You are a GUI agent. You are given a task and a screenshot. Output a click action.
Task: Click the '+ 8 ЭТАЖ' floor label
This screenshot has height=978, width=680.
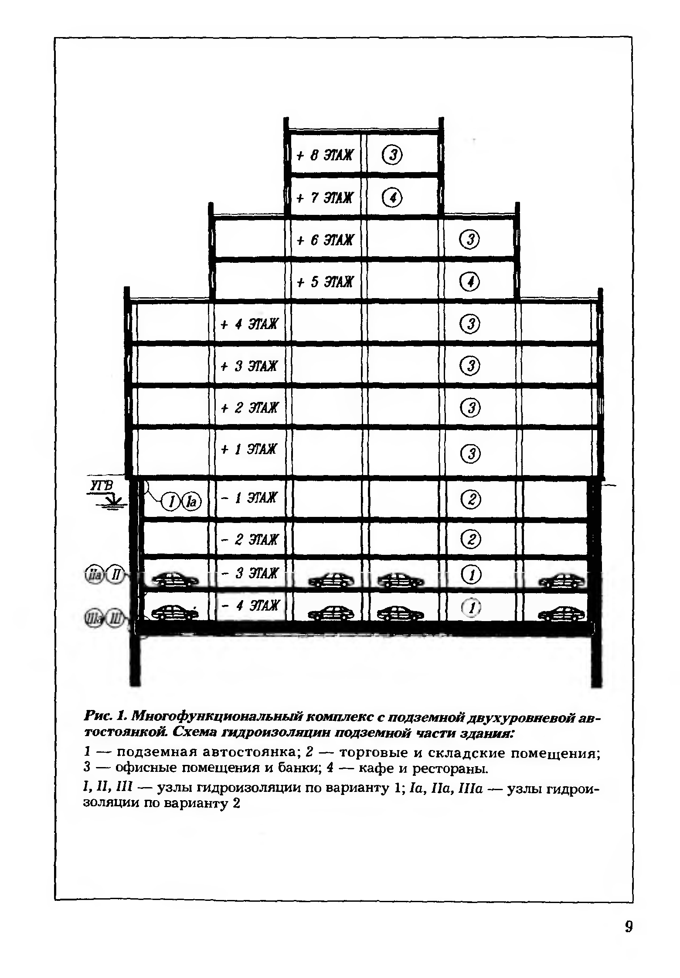(325, 156)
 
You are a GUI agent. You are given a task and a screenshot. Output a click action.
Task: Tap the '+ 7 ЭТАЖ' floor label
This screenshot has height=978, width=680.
(325, 198)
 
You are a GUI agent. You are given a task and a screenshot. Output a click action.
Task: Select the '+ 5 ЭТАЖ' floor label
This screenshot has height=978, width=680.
(325, 282)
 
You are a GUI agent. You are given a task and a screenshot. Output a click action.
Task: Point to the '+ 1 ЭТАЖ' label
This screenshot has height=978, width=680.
(249, 449)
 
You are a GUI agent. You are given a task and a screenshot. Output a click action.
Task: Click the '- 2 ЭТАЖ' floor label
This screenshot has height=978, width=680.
(249, 540)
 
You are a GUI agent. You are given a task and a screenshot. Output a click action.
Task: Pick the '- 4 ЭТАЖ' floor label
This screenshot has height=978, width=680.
(249, 605)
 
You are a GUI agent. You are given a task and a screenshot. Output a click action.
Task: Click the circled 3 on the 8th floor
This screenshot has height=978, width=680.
(392, 155)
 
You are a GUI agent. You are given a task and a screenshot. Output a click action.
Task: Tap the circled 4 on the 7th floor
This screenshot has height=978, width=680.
(392, 198)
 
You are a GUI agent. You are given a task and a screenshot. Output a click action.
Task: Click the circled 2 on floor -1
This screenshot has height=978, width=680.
(470, 499)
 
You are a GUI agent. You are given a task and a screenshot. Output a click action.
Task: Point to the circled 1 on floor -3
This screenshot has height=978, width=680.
(470, 575)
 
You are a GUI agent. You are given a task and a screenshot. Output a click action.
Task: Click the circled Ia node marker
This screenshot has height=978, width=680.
(191, 502)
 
